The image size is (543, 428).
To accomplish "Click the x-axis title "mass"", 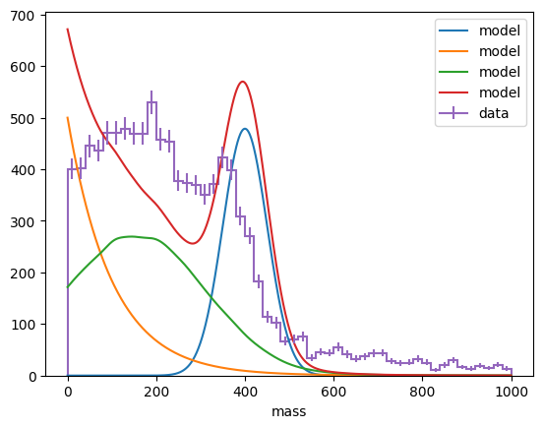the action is tap(289, 411).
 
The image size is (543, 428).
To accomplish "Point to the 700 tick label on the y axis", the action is tap(23, 16).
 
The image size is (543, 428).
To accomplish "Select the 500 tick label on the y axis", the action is tap(23, 119).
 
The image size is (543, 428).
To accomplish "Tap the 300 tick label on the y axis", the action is tap(23, 222).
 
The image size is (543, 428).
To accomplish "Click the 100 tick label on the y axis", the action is tap(23, 325).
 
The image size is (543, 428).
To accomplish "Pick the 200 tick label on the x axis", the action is tap(156, 392).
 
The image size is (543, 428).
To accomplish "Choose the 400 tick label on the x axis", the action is tap(245, 392).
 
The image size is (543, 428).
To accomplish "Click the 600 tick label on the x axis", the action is tap(333, 392).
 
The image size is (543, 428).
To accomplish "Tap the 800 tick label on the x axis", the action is tap(422, 392).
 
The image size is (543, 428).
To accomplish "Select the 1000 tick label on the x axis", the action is tap(512, 392).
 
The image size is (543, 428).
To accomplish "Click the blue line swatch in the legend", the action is tap(453, 31).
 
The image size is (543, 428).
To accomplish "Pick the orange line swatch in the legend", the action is tap(453, 51).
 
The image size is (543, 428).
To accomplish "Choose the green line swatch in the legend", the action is tap(453, 72).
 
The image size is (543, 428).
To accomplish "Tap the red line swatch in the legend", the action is tap(453, 92).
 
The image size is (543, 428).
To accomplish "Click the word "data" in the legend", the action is tap(494, 113).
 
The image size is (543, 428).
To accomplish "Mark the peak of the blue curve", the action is tap(245, 129).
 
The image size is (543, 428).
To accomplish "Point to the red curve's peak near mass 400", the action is tap(242, 82).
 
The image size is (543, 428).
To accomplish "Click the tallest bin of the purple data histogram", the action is tap(151, 102).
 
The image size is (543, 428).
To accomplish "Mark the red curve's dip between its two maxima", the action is tap(193, 243).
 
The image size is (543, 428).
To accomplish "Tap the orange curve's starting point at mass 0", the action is tap(68, 117).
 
